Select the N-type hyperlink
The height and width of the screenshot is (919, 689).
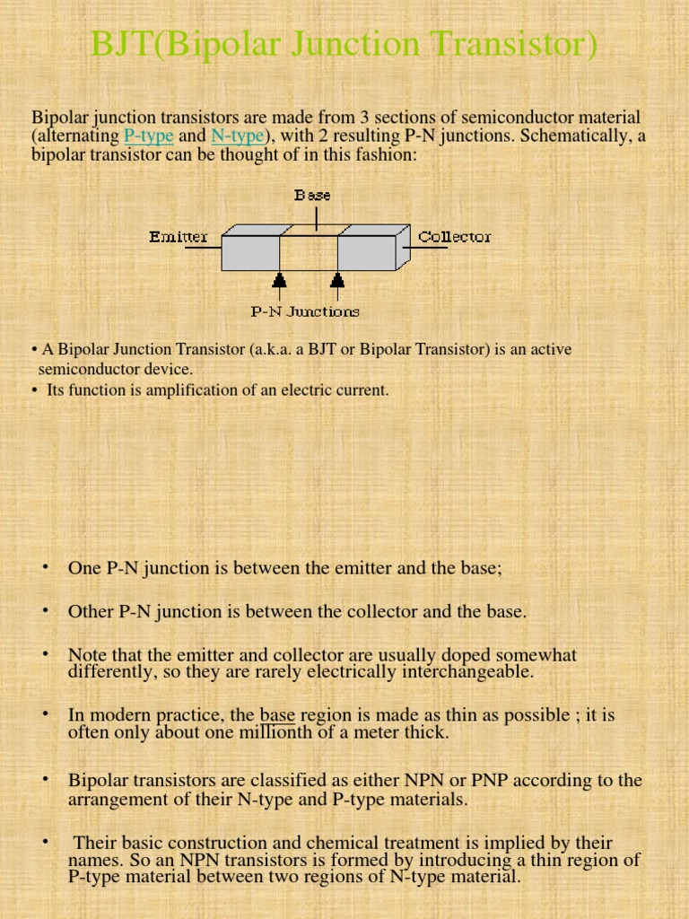click(237, 136)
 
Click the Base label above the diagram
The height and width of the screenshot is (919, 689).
click(312, 195)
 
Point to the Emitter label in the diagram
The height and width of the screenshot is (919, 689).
click(179, 237)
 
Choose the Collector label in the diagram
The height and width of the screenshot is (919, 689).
click(455, 237)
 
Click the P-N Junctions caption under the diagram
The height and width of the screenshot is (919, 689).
click(304, 311)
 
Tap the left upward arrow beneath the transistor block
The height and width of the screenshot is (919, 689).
click(280, 284)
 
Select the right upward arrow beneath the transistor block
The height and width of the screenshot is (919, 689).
click(337, 284)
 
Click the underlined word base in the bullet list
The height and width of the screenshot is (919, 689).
click(277, 715)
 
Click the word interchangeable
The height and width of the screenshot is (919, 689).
click(458, 671)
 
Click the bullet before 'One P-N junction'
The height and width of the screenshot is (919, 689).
click(43, 566)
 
